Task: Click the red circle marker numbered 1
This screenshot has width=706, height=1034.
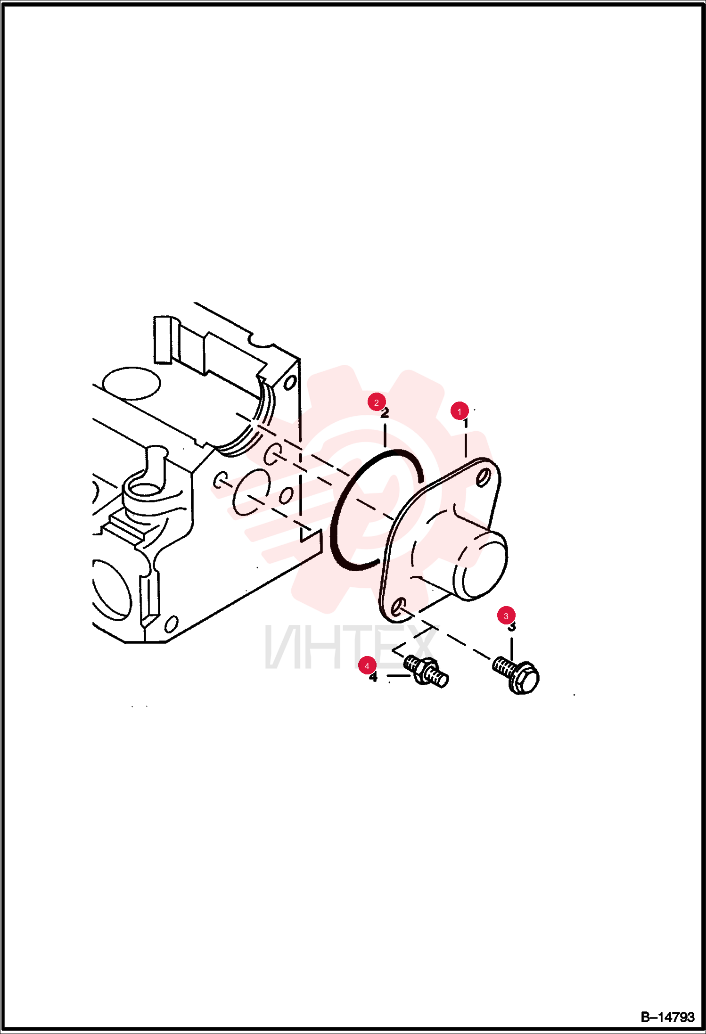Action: coord(460,411)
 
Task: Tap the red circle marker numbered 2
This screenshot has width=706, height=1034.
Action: coord(377,402)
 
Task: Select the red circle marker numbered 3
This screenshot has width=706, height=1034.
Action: coord(506,615)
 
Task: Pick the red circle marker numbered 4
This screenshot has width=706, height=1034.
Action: coord(367,666)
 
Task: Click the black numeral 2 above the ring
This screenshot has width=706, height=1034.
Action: coord(385,413)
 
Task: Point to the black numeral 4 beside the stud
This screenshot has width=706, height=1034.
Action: coord(373,677)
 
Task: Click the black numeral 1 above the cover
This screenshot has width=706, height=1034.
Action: coord(466,423)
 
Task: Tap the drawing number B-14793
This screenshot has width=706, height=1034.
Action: coord(667,1017)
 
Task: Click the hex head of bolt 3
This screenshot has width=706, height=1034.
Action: coord(525,679)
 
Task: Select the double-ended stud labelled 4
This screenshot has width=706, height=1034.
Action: coord(426,671)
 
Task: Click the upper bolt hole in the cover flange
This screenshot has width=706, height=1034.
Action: coord(482,479)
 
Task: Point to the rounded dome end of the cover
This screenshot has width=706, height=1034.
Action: coord(481,565)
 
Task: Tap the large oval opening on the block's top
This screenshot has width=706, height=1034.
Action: coord(131,383)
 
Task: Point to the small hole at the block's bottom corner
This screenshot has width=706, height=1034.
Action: coord(171,624)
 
